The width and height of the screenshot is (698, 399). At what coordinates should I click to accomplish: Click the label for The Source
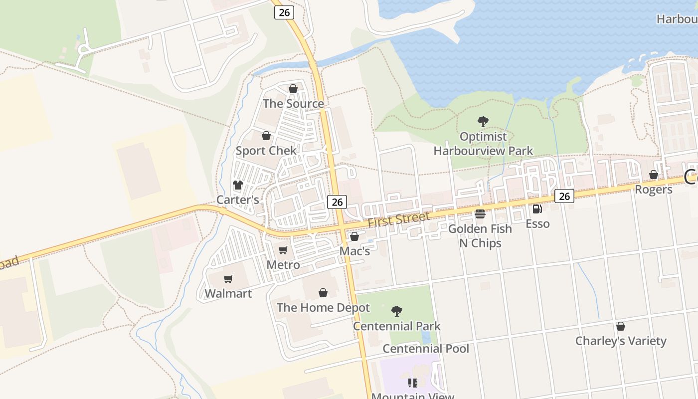pyautogui.click(x=293, y=104)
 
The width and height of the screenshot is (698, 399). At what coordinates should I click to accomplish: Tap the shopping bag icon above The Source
pyautogui.click(x=293, y=89)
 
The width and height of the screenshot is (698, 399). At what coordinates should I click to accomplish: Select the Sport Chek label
pyautogui.click(x=266, y=151)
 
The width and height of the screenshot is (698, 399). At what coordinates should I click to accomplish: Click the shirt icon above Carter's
pyautogui.click(x=238, y=185)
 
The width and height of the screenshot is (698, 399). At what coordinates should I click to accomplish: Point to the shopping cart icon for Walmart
pyautogui.click(x=228, y=279)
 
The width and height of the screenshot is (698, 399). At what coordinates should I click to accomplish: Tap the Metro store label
pyautogui.click(x=283, y=265)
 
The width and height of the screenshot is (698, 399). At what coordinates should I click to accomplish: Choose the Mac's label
pyautogui.click(x=354, y=251)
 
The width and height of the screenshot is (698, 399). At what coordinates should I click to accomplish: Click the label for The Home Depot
pyautogui.click(x=323, y=308)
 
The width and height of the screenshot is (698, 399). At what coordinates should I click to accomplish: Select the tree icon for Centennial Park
pyautogui.click(x=397, y=311)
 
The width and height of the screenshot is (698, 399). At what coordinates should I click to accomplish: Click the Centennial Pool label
pyautogui.click(x=426, y=349)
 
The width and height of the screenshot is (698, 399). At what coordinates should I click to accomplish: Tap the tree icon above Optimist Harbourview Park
pyautogui.click(x=483, y=121)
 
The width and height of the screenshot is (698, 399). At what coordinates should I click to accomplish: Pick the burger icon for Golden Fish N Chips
pyautogui.click(x=480, y=214)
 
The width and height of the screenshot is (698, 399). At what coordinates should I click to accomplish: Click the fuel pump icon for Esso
pyautogui.click(x=537, y=209)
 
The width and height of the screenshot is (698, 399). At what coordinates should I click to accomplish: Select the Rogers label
pyautogui.click(x=653, y=190)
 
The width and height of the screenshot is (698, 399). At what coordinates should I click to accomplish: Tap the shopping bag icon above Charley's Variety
pyautogui.click(x=621, y=326)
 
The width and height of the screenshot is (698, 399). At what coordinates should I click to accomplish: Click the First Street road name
pyautogui.click(x=398, y=219)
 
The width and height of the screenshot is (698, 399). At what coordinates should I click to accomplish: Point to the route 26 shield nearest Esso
pyautogui.click(x=564, y=196)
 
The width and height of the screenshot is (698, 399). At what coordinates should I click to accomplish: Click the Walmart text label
pyautogui.click(x=228, y=294)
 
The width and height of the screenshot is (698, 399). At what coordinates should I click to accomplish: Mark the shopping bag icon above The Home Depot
pyautogui.click(x=323, y=292)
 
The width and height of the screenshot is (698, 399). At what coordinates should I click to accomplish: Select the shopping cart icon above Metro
pyautogui.click(x=283, y=250)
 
